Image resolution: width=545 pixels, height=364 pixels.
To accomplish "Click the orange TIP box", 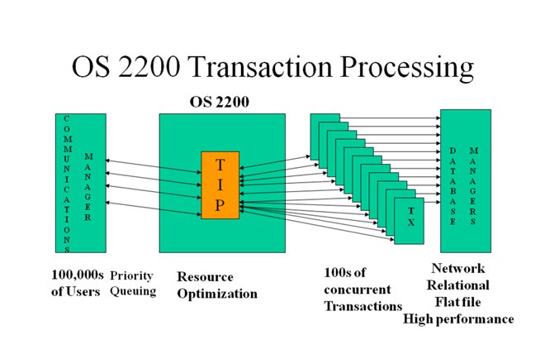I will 220,185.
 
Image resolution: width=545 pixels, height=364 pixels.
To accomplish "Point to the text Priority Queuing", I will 133,284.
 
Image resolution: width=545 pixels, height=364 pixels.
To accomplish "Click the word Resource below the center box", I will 206,277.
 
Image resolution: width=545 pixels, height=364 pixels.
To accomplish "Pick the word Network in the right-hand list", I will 458,268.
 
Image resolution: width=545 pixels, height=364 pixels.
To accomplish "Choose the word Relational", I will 458,285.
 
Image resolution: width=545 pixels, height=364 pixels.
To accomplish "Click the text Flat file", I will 458,301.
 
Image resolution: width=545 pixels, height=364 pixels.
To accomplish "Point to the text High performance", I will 458,318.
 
